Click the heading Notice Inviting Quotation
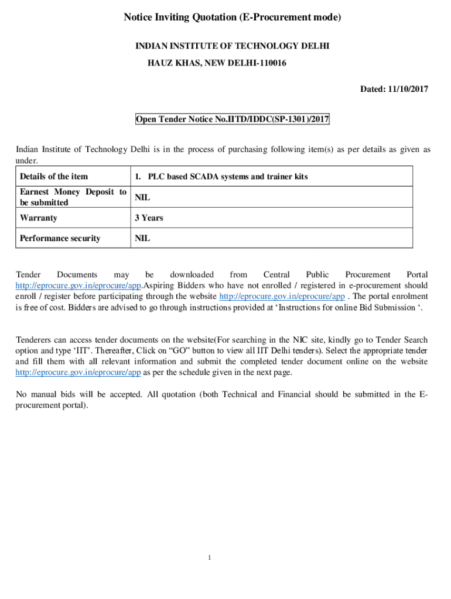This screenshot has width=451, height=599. pos(232,18)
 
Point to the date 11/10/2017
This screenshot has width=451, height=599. pos(408,89)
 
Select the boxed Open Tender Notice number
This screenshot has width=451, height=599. pos(233,120)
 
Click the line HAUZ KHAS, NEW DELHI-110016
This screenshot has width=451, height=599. pos(216,63)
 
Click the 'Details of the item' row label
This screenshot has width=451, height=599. pos(54,176)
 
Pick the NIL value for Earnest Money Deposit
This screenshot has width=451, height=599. pos(142,198)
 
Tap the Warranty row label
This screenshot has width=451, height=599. pos(39,218)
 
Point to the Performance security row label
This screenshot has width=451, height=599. pos(60,238)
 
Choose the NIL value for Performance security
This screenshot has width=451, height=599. pos(142,238)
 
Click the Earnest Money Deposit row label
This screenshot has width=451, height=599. pos(73,197)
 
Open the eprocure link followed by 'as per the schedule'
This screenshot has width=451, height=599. pos(78,373)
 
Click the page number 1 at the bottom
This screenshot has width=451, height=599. pos(209,557)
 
